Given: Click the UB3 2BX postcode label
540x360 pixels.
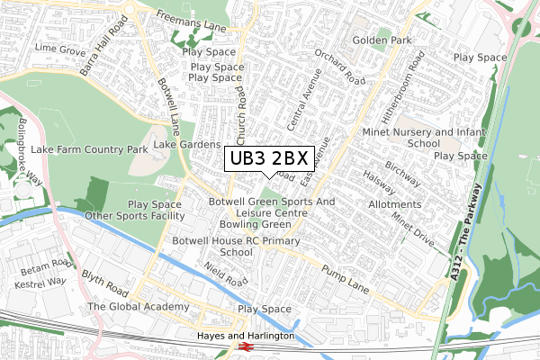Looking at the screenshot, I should (269, 158).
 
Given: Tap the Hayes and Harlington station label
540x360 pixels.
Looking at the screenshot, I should (246, 336).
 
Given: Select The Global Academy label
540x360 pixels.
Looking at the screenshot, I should (139, 307).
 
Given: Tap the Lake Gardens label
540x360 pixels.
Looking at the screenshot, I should (187, 144).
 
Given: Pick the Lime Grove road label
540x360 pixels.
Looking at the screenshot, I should (59, 46).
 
